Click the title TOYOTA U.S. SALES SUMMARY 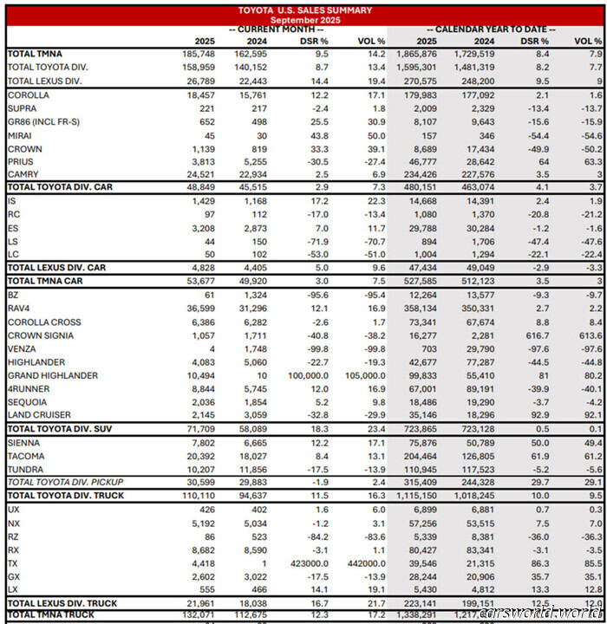[x=305, y=10]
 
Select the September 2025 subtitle [x=305, y=19]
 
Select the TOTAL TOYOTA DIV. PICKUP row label [x=64, y=482]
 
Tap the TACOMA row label [x=26, y=455]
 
